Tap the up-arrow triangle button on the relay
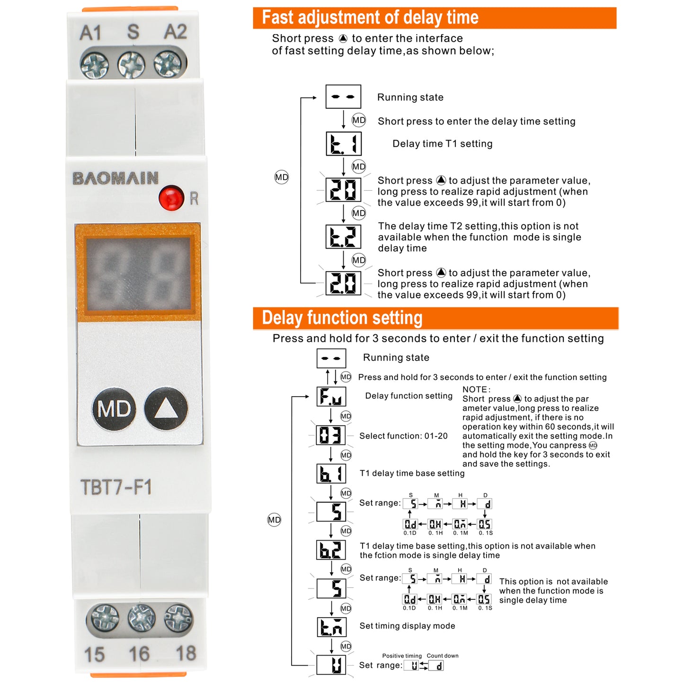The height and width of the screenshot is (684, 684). (166, 409)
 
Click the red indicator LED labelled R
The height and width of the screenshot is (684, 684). (171, 198)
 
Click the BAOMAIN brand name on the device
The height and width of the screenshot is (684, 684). (115, 178)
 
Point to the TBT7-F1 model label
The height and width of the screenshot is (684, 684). (116, 487)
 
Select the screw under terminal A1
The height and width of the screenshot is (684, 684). (95, 65)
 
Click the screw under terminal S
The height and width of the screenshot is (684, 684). (131, 65)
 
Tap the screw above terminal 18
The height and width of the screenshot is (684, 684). (178, 618)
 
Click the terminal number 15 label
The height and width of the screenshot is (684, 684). (94, 655)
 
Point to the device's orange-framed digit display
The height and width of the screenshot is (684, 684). (138, 273)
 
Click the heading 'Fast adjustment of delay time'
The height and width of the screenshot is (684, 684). (370, 18)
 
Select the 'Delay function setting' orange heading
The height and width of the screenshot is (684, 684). (342, 318)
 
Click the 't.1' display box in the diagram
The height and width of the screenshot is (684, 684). (344, 144)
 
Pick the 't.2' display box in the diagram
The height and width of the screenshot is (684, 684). (344, 237)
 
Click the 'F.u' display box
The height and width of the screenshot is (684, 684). (331, 397)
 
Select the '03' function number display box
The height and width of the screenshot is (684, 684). (330, 435)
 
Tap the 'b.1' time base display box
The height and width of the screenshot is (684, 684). (331, 473)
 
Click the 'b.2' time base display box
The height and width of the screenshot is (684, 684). (331, 550)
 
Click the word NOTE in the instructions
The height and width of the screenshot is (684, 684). (476, 390)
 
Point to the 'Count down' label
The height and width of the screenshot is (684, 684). (443, 656)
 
